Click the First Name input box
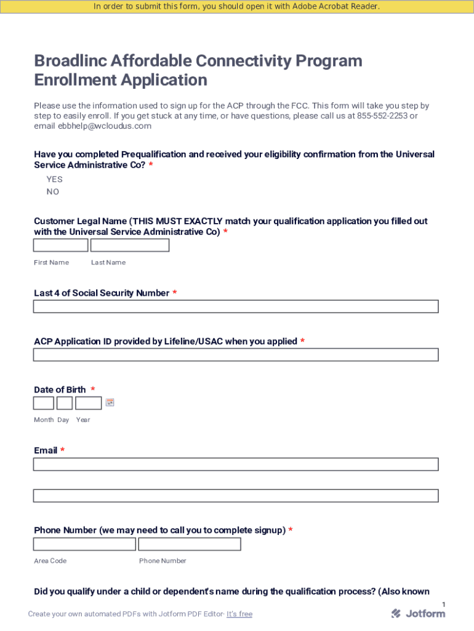[60, 245]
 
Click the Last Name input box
[130, 245]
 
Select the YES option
[54, 179]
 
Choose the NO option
[53, 192]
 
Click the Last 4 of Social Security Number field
[236, 306]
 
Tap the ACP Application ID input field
[236, 355]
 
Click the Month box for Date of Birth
[43, 403]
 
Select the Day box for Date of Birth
[65, 403]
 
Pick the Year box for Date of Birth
[89, 403]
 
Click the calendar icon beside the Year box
[110, 402]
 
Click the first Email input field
[236, 464]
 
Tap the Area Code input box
[84, 544]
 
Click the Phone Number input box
[190, 544]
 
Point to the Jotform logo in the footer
[419, 613]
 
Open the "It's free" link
[239, 614]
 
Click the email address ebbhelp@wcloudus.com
[105, 126]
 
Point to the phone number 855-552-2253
[382, 116]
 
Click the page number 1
[443, 605]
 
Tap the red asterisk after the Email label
[62, 450]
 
